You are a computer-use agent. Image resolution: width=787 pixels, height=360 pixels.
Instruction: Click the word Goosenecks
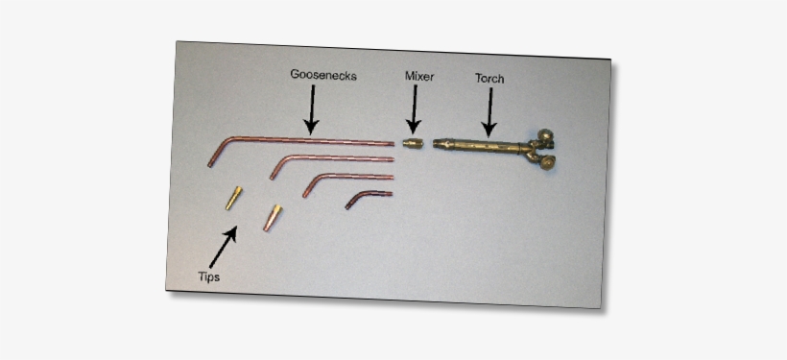(323, 74)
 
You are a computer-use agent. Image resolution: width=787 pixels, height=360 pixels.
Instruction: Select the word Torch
(489, 80)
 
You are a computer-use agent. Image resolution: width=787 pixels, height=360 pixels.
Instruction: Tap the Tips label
(208, 276)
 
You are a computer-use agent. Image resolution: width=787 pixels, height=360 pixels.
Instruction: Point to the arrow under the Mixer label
(414, 108)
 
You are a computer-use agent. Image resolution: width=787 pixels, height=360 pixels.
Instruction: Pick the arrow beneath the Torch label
(489, 112)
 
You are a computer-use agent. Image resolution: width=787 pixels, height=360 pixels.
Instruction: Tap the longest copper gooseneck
(307, 141)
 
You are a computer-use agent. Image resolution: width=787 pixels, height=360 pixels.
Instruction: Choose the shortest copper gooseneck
(369, 197)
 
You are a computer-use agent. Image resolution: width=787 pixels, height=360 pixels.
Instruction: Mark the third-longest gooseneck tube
(350, 177)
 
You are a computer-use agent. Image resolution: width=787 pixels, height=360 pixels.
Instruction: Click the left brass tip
(232, 198)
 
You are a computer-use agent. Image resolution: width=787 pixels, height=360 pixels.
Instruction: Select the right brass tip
(273, 217)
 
